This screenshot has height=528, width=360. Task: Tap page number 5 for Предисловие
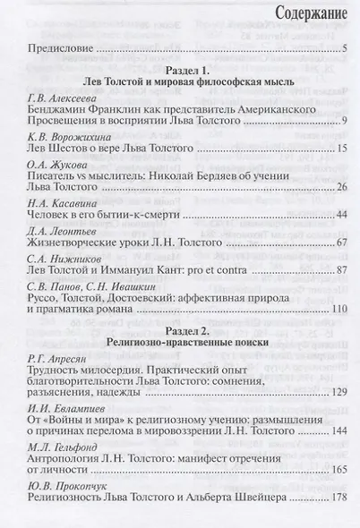coord(344,50)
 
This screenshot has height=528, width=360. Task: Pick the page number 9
coord(344,144)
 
